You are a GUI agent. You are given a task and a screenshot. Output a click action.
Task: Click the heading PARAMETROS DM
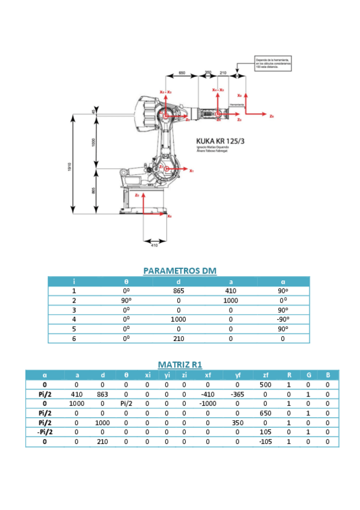(179, 271)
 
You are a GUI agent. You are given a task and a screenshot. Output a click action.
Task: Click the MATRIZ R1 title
(179, 364)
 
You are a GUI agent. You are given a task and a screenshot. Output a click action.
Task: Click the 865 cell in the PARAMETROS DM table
(178, 290)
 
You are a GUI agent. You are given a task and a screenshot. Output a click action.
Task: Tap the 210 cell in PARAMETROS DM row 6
(178, 339)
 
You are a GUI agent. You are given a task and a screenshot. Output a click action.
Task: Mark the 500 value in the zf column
(266, 384)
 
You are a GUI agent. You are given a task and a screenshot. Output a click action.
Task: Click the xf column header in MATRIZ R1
(207, 375)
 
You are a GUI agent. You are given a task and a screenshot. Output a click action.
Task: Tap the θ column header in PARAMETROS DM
(126, 281)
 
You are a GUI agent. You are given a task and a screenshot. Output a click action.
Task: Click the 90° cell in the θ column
(126, 300)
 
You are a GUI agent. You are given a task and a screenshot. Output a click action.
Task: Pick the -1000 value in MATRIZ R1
(207, 403)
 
